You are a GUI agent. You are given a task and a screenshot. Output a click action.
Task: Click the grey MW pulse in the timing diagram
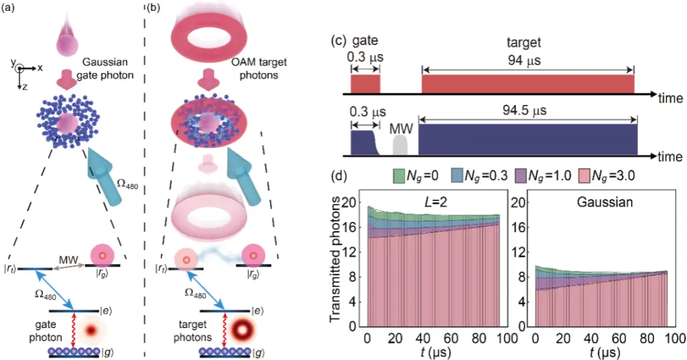click(401, 144)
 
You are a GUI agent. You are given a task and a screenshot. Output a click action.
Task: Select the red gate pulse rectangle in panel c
click(365, 84)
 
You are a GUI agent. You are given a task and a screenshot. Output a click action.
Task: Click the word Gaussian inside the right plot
click(605, 202)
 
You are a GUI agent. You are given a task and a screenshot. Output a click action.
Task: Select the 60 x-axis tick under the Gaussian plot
click(619, 338)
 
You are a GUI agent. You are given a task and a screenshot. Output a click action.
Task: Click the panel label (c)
click(340, 41)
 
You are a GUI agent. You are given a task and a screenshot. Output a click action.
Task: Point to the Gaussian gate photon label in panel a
click(105, 69)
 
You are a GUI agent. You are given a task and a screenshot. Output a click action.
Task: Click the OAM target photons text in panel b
click(259, 68)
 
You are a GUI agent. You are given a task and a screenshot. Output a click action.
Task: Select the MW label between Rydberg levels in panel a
click(68, 260)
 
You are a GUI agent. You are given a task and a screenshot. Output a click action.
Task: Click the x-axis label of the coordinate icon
click(40, 68)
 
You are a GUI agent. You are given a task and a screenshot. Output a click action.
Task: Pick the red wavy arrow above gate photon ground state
click(74, 330)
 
